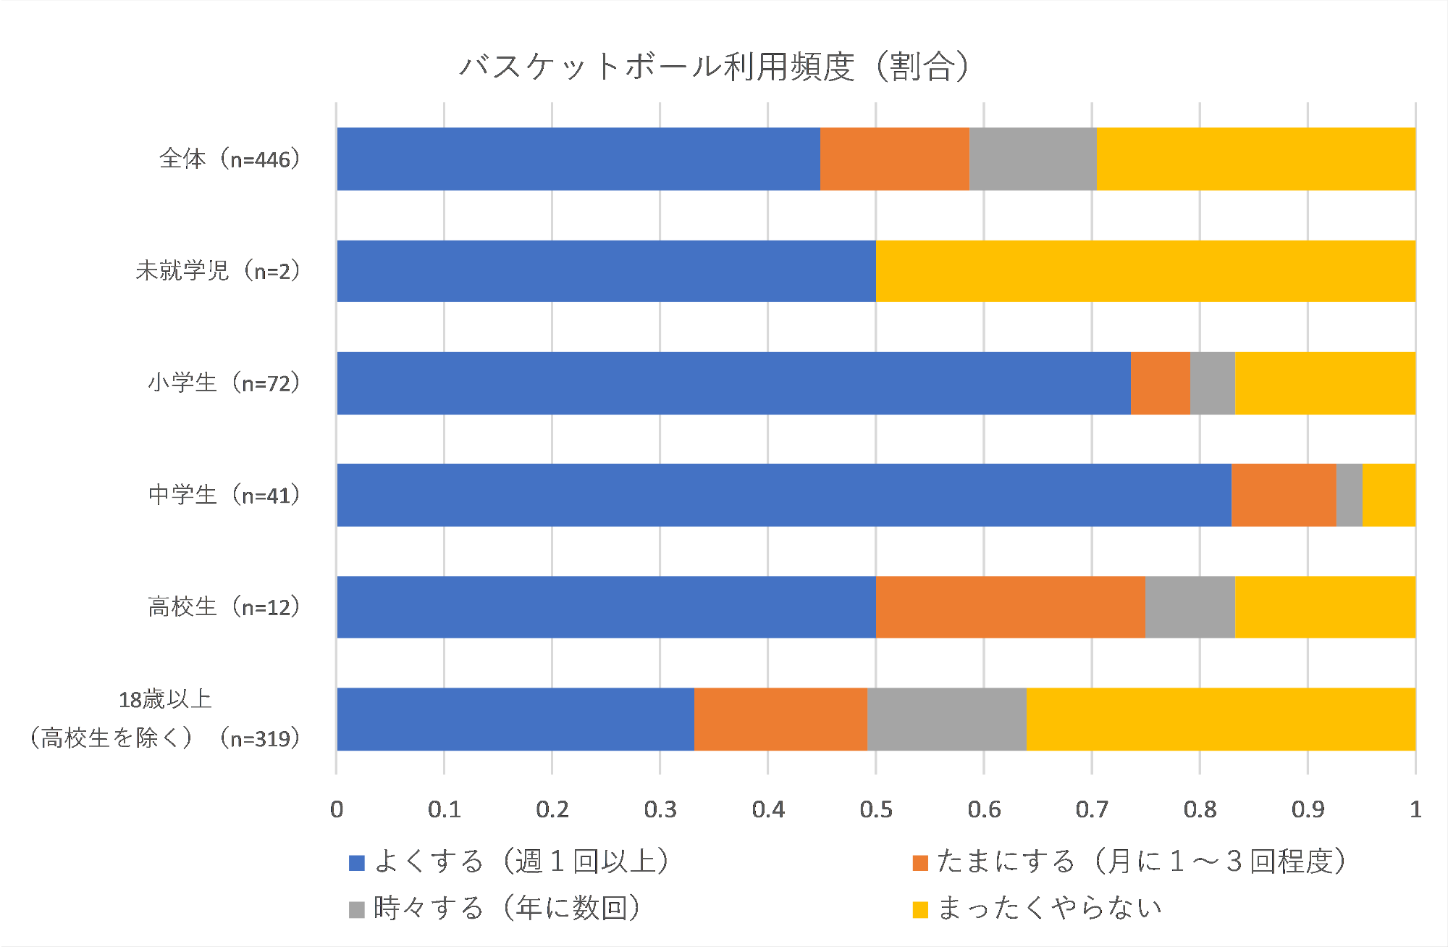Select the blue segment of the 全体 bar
[x=578, y=159]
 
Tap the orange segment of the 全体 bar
[x=894, y=159]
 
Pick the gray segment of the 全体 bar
[x=1032, y=159]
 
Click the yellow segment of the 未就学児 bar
[x=1145, y=271]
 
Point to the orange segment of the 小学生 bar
[x=1160, y=383]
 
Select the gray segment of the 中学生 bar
[x=1349, y=495]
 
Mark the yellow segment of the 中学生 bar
[x=1389, y=495]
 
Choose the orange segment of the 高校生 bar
[x=1010, y=607]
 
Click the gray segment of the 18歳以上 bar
[x=946, y=719]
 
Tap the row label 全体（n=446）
[x=230, y=159]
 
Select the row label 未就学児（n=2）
[x=217, y=271]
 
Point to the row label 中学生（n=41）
[x=224, y=495]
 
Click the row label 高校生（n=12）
[x=224, y=607]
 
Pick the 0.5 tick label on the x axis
[x=875, y=809]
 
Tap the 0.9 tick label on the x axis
[x=1308, y=809]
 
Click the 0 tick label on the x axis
[x=337, y=809]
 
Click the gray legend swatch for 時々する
[x=356, y=909]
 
